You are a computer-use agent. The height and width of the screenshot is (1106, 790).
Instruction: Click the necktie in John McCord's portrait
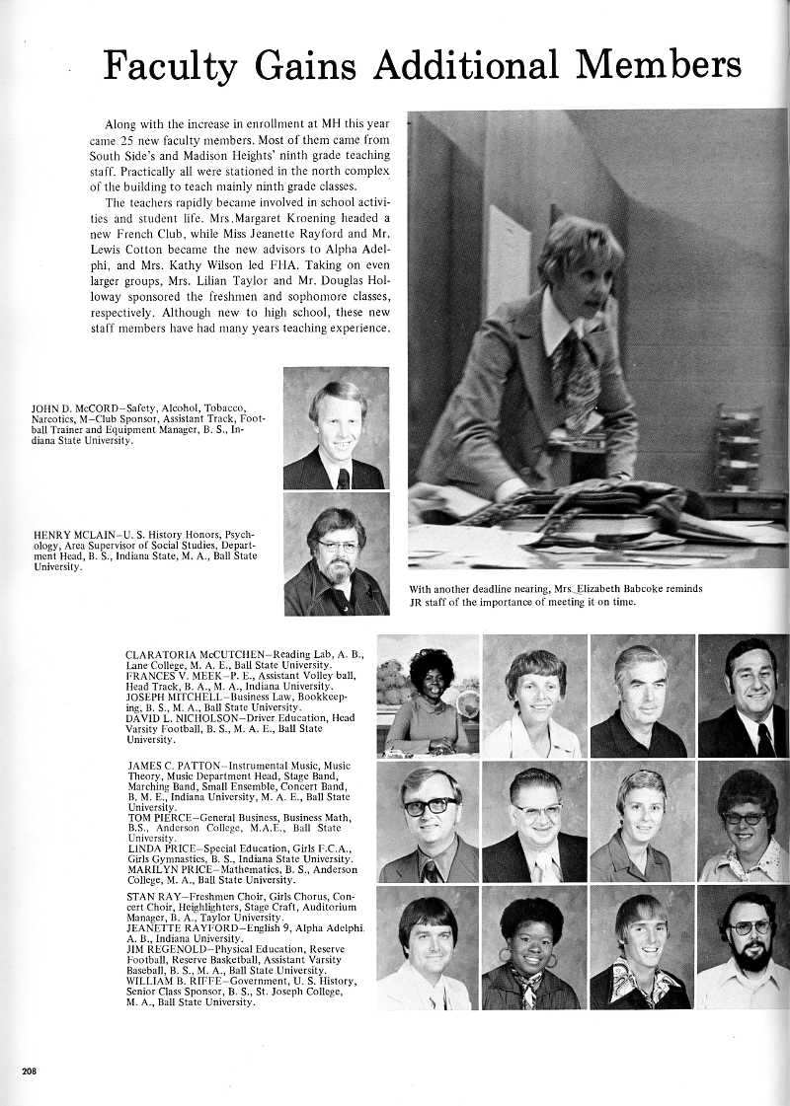pyautogui.click(x=343, y=479)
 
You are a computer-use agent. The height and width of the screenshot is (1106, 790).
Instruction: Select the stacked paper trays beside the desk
pyautogui.click(x=739, y=449)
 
